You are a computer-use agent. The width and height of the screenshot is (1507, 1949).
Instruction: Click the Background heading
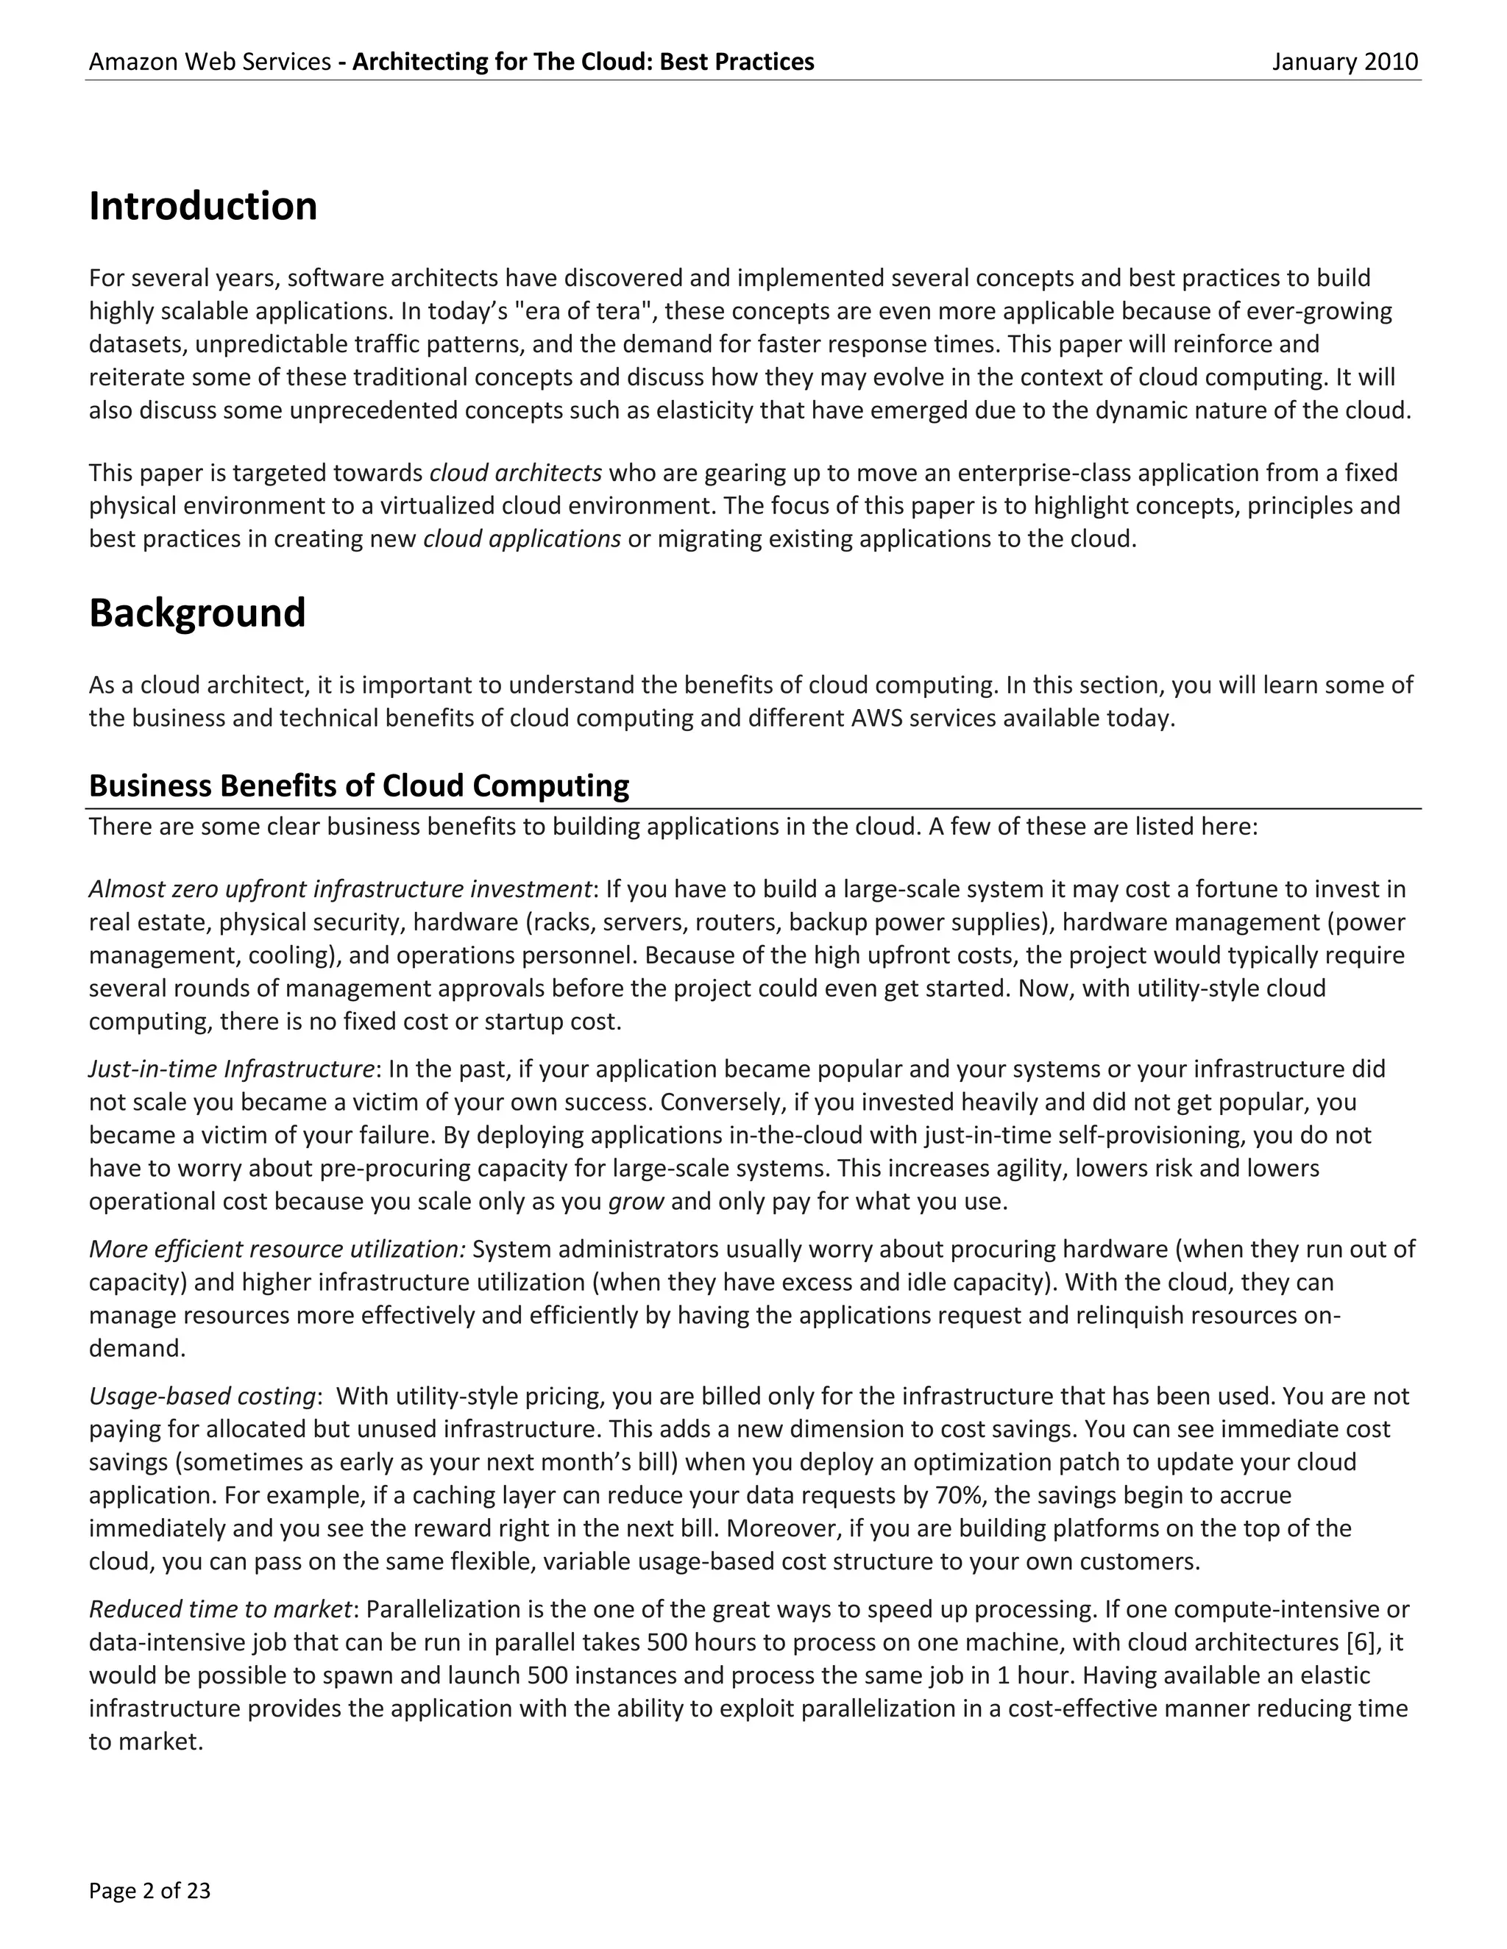(196, 613)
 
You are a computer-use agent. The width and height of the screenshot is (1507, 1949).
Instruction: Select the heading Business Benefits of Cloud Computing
(359, 785)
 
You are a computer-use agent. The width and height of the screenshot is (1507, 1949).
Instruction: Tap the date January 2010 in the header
(1344, 62)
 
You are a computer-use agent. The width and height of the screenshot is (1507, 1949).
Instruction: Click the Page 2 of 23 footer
(149, 1890)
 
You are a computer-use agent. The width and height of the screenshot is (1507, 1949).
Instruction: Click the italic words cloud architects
(515, 472)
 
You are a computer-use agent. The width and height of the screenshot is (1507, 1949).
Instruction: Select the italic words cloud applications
(522, 539)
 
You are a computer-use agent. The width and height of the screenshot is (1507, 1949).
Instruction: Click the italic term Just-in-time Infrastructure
(231, 1069)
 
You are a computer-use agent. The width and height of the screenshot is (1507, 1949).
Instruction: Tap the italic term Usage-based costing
(202, 1396)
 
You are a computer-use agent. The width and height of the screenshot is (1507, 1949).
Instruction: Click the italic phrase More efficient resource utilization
(277, 1250)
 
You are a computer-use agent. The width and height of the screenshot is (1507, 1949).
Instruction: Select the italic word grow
(636, 1201)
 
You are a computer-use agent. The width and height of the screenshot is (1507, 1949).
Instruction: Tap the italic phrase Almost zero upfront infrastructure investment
(340, 889)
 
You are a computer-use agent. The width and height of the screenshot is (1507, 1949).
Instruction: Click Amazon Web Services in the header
(210, 62)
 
